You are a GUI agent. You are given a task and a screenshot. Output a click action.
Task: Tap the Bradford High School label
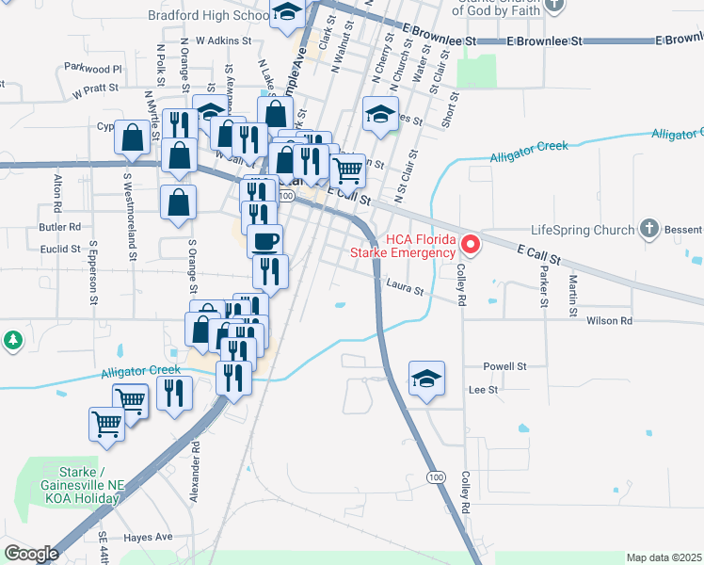pyautogui.click(x=208, y=15)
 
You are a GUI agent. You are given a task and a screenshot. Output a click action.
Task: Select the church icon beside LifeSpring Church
pyautogui.click(x=648, y=229)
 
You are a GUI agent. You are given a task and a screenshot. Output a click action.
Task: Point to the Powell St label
pyautogui.click(x=504, y=366)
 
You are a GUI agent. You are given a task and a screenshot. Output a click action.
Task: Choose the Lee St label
pyautogui.click(x=483, y=389)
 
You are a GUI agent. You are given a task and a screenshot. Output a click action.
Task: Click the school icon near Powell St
pyautogui.click(x=426, y=379)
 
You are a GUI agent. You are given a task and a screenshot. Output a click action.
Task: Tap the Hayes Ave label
pyautogui.click(x=150, y=537)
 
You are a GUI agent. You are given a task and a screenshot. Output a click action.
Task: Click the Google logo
pyautogui.click(x=32, y=554)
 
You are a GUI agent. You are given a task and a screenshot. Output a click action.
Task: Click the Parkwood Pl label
pyautogui.click(x=93, y=69)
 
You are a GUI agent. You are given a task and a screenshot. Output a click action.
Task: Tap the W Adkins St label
pyautogui.click(x=224, y=41)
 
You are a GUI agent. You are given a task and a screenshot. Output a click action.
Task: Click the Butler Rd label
pyautogui.click(x=60, y=227)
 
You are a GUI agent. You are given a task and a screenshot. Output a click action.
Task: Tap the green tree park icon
pyautogui.click(x=12, y=340)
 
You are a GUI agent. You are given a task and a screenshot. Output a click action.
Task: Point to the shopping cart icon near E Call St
pyautogui.click(x=348, y=171)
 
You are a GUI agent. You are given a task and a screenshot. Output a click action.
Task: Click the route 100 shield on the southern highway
pyautogui.click(x=435, y=477)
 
